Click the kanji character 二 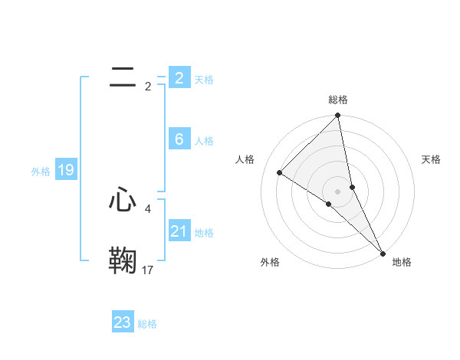tap(123, 77)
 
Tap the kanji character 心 tap(123, 200)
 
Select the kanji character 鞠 tap(123, 260)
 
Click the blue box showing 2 tap(179, 77)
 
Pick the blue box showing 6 tap(179, 139)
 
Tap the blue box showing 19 tap(66, 170)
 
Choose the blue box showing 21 tap(179, 231)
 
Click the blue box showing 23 tap(122, 322)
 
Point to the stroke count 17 tap(148, 270)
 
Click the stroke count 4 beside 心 tap(148, 208)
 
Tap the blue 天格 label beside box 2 tap(204, 80)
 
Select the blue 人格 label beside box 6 tap(204, 141)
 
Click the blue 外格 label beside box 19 tap(41, 172)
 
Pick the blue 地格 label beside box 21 tap(204, 233)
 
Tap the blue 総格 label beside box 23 tap(147, 324)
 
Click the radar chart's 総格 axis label tap(338, 100)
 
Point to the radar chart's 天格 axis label tap(432, 159)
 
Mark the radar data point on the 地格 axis tap(383, 253)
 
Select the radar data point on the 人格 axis tap(280, 172)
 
